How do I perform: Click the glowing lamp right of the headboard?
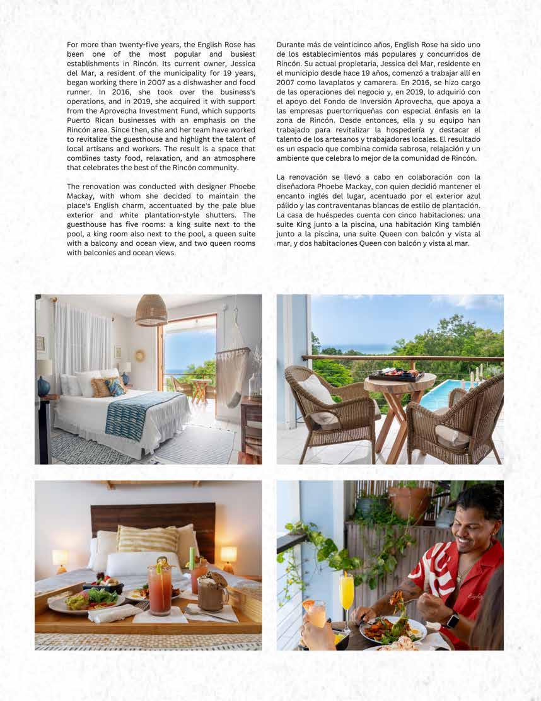click(228, 554)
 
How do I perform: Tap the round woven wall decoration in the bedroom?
click(139, 356)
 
